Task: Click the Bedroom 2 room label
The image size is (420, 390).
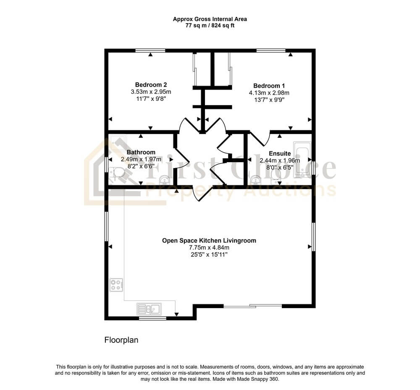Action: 151,85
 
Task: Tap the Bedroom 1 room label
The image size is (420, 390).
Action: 269,86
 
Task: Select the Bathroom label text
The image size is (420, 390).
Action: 141,152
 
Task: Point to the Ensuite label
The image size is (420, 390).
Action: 280,153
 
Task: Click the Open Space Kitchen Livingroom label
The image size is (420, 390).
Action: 209,241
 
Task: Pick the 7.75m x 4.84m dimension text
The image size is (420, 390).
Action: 209,248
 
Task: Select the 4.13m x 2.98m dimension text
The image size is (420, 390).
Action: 269,93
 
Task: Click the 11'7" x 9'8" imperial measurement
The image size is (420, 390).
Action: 151,99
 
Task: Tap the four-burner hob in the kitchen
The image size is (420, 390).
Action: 116,285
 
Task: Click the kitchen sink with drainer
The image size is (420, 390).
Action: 149,309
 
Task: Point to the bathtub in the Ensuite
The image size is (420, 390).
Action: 302,159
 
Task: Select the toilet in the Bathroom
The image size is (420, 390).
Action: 117,173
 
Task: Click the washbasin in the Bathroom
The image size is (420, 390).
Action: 164,180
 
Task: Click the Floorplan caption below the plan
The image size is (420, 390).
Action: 121,340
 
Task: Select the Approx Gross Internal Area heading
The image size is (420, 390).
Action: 210,19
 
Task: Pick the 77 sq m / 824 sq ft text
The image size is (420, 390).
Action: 210,26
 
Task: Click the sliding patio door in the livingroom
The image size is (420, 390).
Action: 252,306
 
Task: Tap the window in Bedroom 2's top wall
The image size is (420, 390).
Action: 150,50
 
